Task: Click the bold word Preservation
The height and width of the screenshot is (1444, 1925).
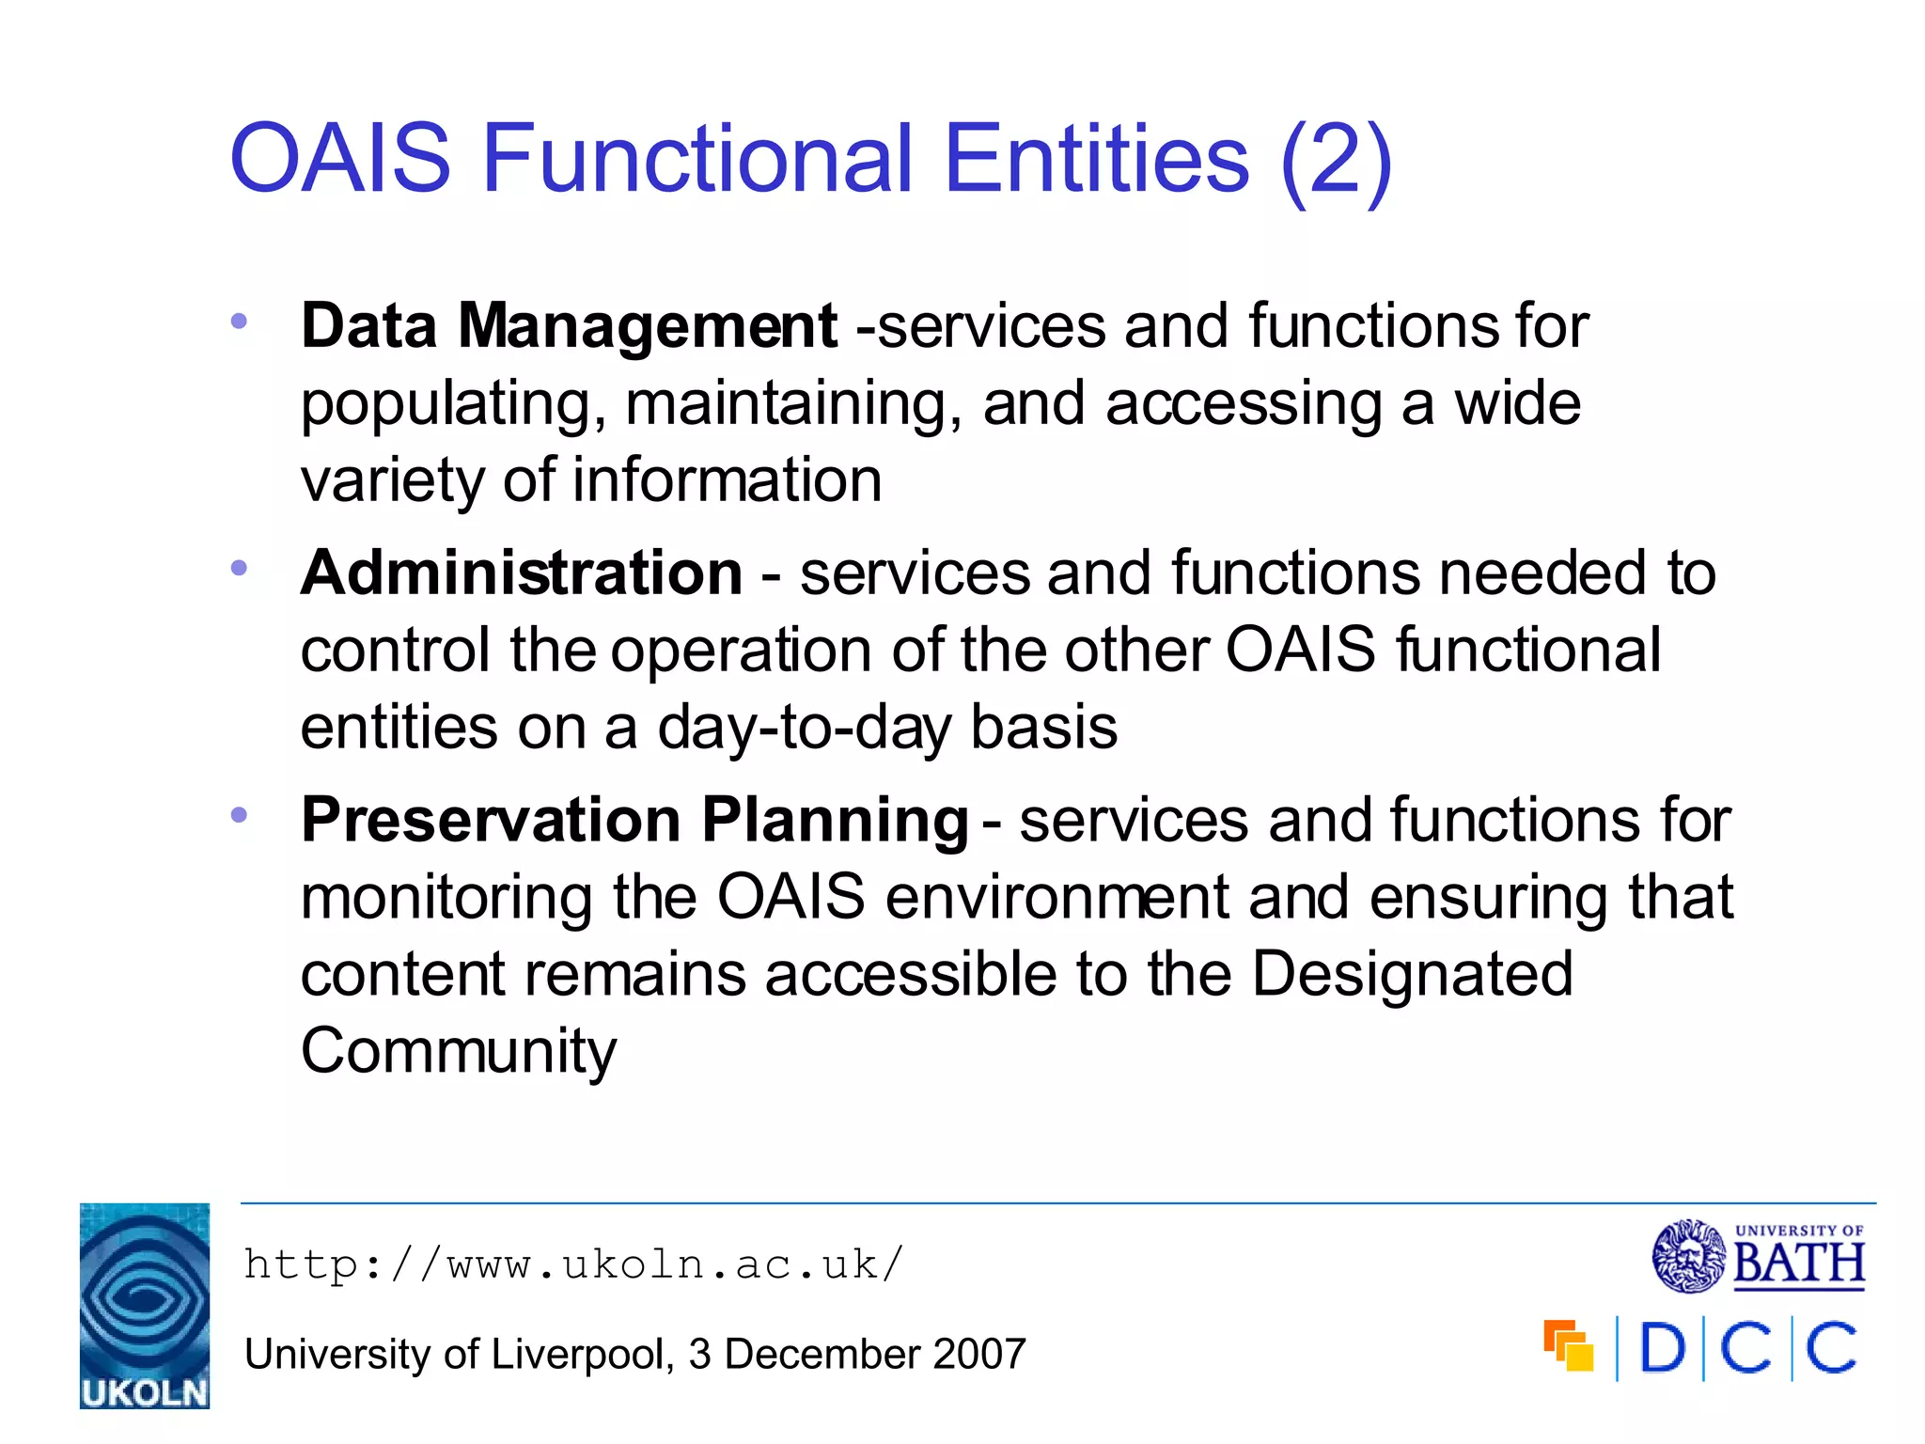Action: pos(490,820)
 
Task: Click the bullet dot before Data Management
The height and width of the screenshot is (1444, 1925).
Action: pos(239,322)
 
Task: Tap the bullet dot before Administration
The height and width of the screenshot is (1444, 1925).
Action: pos(239,568)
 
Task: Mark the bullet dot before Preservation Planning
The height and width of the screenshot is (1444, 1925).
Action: pos(239,815)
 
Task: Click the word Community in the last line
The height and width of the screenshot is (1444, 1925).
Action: pos(459,1051)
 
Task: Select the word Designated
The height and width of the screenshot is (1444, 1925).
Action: pos(1412,974)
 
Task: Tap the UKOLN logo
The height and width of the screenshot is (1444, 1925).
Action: pos(145,1306)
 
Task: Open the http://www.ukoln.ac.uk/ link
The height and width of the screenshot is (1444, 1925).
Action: pos(573,1264)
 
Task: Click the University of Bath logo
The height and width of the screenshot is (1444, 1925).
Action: pos(1759,1256)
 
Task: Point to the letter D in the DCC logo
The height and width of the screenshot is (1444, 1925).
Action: pos(1662,1349)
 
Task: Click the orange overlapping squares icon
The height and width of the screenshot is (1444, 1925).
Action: pos(1568,1346)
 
